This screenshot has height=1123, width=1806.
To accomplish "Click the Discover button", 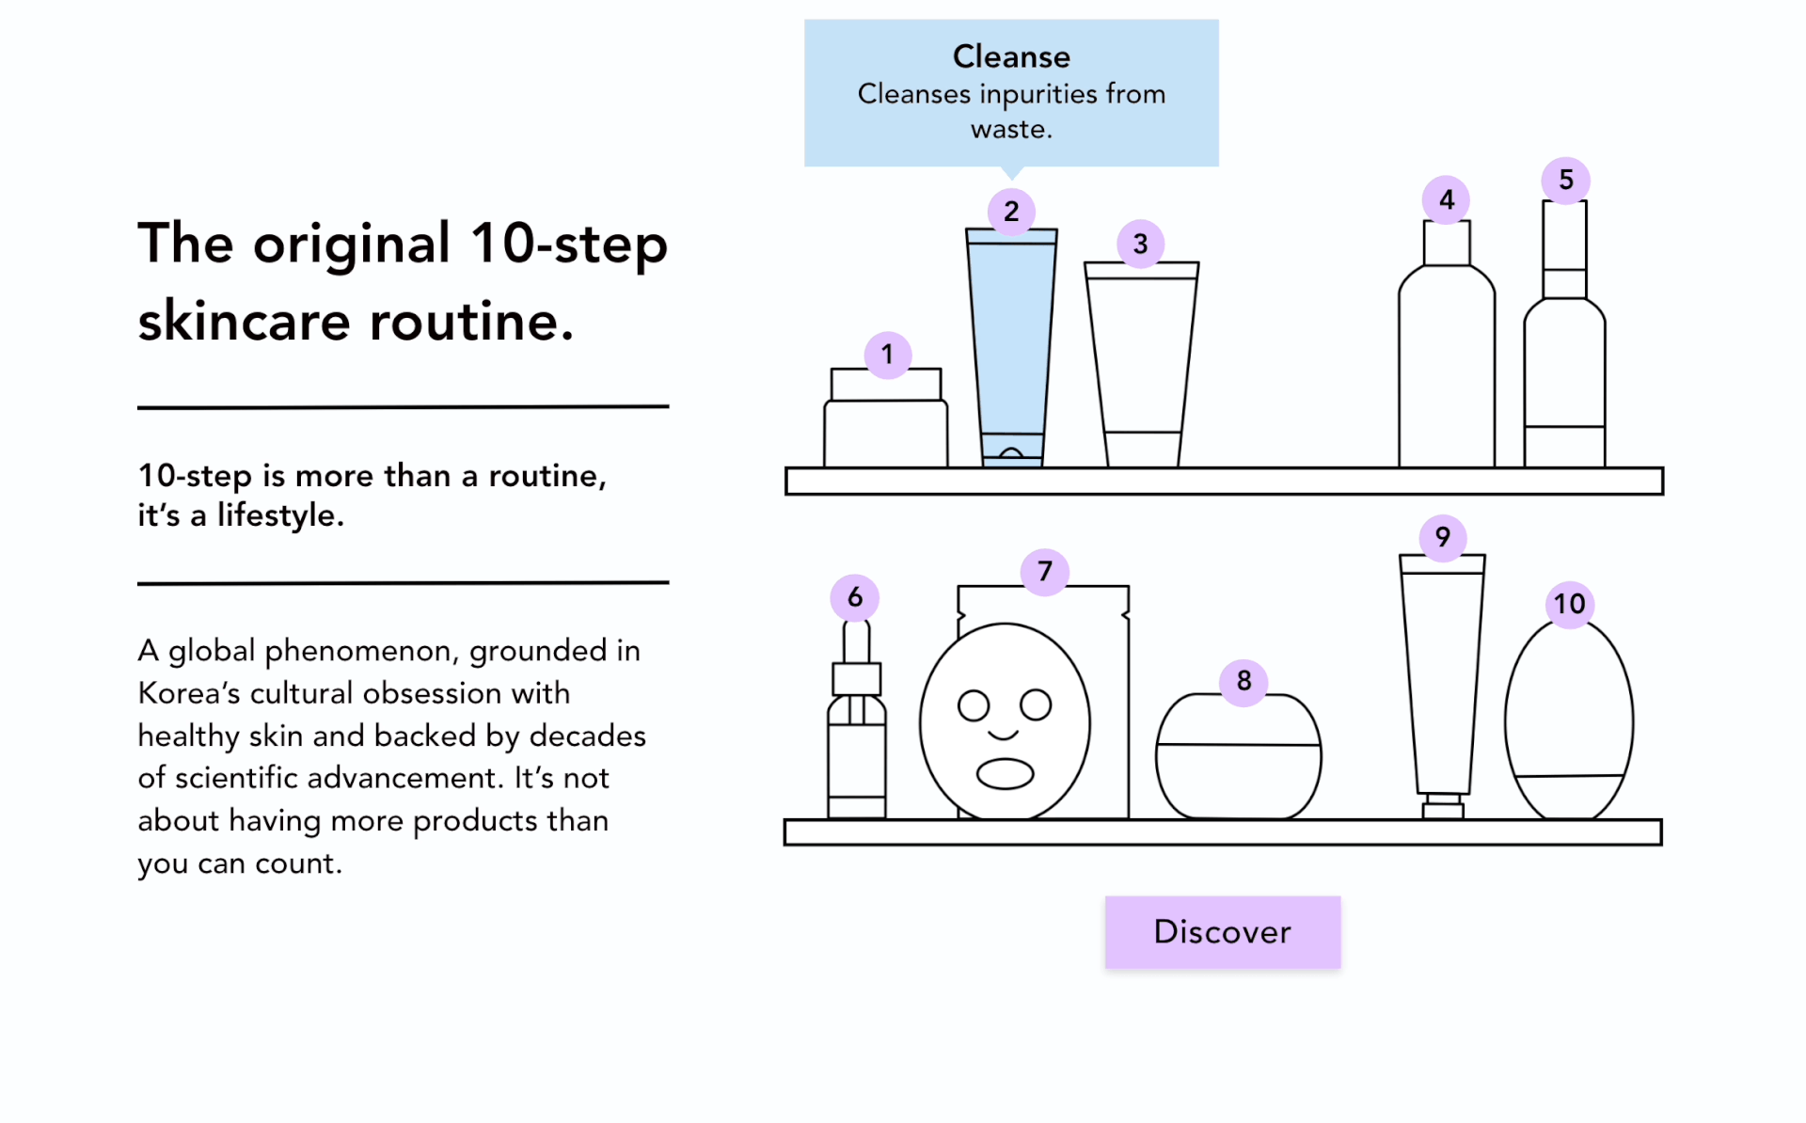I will (x=1222, y=931).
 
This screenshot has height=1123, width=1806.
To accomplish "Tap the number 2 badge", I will (x=1011, y=211).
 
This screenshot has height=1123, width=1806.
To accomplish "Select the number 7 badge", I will (x=1044, y=571).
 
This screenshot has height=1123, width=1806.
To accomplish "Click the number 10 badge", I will (x=1569, y=604).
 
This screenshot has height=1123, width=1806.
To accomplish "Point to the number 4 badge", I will (x=1447, y=199).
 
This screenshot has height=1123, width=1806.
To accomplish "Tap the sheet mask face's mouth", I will (x=1005, y=773).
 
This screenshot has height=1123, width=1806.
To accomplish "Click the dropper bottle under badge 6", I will (x=856, y=743).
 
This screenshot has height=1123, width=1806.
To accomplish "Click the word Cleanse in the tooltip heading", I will (x=1011, y=56).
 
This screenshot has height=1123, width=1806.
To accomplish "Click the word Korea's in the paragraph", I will (x=188, y=693).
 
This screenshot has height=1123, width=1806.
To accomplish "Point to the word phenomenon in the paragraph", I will (x=359, y=651).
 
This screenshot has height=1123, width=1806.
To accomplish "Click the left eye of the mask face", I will (x=974, y=704).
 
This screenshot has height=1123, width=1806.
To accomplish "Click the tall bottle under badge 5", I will (x=1564, y=367).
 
